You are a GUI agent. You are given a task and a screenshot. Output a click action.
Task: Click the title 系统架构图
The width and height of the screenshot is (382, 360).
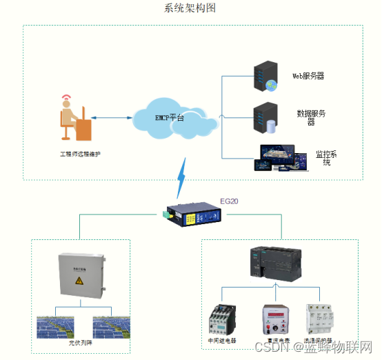point(190,8)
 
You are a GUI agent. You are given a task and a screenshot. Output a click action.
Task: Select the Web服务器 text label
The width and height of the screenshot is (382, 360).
point(308,76)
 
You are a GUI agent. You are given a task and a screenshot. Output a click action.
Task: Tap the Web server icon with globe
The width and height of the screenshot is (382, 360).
point(265,77)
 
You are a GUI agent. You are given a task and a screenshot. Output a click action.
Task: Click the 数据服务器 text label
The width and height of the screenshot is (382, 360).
point(311,117)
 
